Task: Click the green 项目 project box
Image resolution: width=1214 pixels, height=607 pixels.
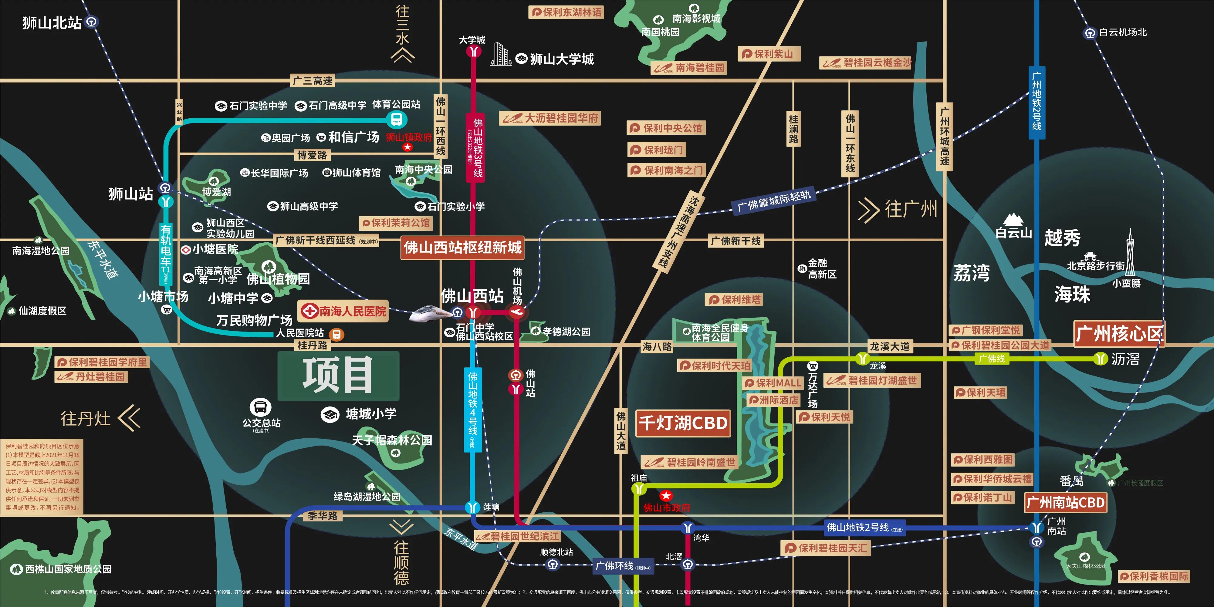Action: [x=338, y=376]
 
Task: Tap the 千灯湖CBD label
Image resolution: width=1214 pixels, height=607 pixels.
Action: [x=683, y=423]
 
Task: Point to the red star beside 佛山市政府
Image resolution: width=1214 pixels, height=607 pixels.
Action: [x=665, y=495]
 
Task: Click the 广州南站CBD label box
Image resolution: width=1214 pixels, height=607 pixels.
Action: [x=1065, y=502]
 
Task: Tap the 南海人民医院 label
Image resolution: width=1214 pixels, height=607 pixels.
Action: [x=343, y=311]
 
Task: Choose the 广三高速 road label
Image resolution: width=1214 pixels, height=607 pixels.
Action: [x=313, y=81]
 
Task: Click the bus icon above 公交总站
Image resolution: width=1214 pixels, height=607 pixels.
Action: [x=260, y=407]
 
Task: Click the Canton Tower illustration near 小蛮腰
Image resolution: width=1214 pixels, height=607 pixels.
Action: [x=1130, y=252]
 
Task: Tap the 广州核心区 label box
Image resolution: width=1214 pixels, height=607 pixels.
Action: [x=1118, y=334]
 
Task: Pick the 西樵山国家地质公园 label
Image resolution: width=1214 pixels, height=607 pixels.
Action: [x=68, y=569]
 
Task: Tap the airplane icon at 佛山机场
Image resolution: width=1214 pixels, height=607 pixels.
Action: [x=517, y=312]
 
